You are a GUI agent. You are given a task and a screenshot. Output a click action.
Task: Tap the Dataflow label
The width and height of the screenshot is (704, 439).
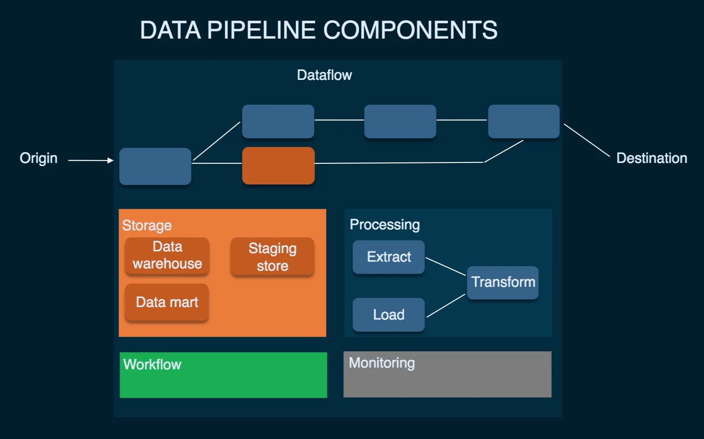(x=324, y=75)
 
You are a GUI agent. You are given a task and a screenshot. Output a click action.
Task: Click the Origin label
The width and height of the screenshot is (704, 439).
(x=39, y=158)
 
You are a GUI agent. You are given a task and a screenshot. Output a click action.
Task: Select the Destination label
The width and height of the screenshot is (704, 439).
(x=651, y=158)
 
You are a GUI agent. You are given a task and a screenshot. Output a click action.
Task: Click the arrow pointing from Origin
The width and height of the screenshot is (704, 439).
(x=90, y=160)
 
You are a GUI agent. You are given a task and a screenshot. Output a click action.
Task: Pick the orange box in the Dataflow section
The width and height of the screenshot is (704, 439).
(x=278, y=166)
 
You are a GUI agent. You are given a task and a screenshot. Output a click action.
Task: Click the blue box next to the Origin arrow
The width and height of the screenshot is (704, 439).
(x=155, y=167)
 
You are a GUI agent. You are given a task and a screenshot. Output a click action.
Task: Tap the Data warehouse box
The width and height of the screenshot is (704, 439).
(x=167, y=255)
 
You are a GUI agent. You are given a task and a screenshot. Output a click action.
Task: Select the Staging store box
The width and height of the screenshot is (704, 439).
(x=272, y=257)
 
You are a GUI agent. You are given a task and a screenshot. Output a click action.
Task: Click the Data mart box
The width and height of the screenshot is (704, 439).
(x=167, y=302)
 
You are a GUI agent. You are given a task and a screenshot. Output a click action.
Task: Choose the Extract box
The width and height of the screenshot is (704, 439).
(x=388, y=257)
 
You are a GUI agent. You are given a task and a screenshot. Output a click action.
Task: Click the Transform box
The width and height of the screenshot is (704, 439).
(x=503, y=282)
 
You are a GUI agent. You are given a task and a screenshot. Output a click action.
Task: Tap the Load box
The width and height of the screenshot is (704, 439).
(x=388, y=315)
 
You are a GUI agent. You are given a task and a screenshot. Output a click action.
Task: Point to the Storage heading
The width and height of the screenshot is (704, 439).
(x=147, y=225)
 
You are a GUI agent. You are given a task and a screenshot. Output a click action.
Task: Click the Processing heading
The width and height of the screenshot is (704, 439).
(x=384, y=224)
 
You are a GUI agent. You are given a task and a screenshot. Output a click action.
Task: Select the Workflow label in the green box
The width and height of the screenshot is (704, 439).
(x=152, y=364)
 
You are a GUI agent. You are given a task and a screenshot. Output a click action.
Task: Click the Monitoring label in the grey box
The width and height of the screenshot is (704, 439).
(x=382, y=363)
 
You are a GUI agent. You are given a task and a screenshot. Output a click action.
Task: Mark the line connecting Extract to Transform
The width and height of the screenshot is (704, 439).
(x=445, y=266)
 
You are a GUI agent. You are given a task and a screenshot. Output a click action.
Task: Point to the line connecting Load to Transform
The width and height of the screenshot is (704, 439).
(x=446, y=306)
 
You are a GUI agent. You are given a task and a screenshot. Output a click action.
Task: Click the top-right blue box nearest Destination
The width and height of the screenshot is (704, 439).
(x=523, y=122)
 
